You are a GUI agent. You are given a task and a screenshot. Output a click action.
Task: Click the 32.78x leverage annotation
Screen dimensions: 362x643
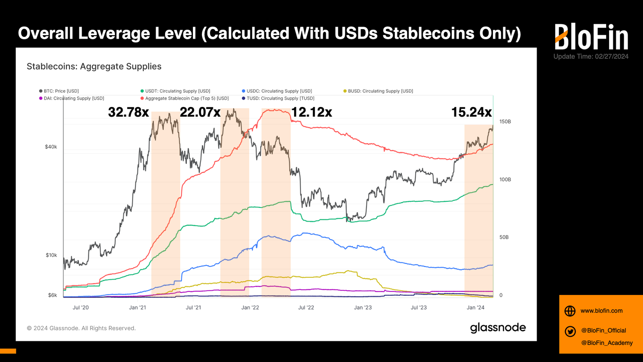tap(128, 112)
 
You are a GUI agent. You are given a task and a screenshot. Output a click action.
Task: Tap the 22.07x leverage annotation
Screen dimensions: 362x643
tap(200, 112)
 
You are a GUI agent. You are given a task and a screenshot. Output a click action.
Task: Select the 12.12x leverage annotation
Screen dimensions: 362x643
tap(312, 112)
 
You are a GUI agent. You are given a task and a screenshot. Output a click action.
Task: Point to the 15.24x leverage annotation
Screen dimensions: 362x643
tap(472, 112)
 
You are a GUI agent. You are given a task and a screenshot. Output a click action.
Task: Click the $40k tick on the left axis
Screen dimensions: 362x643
tap(51, 147)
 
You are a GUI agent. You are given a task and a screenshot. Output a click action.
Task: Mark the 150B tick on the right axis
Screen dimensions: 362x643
tap(505, 122)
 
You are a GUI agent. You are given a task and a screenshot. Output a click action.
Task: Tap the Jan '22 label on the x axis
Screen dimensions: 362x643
tap(250, 307)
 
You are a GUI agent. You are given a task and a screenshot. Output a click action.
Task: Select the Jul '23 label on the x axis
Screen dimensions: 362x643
tap(419, 307)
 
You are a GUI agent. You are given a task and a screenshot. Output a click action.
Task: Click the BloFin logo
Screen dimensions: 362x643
tap(591, 37)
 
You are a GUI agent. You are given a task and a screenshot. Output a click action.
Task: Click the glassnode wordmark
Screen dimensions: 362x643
tap(498, 328)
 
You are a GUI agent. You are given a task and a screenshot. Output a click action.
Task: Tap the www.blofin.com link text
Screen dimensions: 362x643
tap(601, 311)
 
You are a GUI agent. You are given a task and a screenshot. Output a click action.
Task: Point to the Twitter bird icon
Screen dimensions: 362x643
tap(570, 331)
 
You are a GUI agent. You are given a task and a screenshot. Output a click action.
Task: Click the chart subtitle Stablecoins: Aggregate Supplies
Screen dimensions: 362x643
tap(94, 67)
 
